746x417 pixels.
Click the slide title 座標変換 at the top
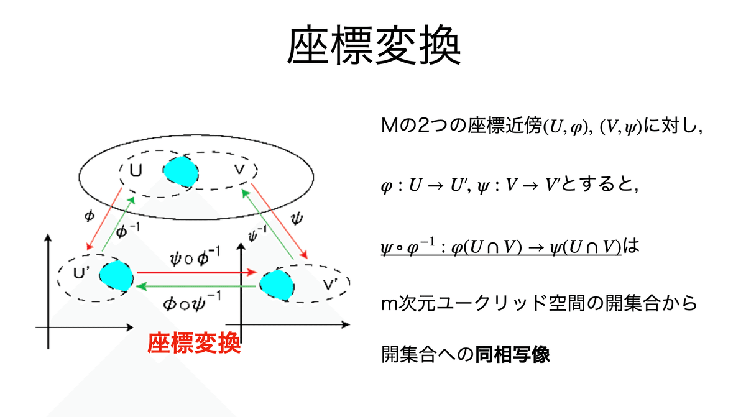pos(373,45)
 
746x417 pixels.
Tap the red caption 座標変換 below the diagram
pos(193,343)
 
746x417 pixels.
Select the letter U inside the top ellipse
pos(136,168)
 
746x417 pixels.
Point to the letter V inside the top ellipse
pos(239,169)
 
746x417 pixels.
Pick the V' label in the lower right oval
pos(329,285)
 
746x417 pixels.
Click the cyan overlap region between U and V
pos(181,169)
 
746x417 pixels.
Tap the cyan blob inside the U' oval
pos(116,276)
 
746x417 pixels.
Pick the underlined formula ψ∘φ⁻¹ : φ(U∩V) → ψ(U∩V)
pos(501,247)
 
